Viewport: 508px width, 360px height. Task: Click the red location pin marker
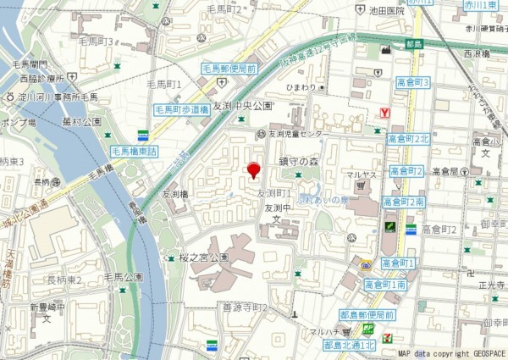click(252, 170)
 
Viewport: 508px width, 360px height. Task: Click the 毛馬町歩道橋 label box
click(180, 109)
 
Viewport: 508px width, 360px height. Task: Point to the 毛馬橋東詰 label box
click(135, 151)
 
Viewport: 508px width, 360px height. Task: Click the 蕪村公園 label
click(80, 122)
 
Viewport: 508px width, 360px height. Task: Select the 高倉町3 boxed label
click(413, 82)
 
